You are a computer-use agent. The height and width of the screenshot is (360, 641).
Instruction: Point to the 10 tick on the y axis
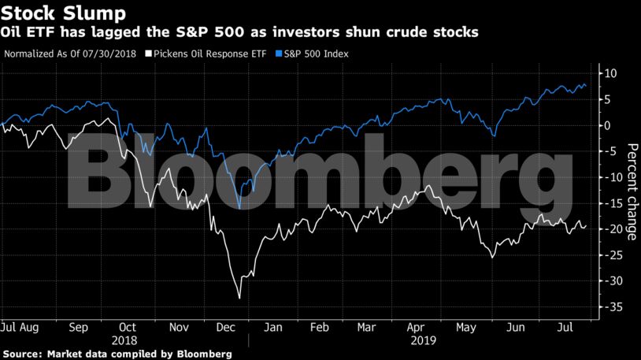click(610, 73)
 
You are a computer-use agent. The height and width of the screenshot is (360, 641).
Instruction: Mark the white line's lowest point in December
click(239, 298)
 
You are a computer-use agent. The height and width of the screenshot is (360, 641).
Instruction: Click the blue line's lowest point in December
click(239, 209)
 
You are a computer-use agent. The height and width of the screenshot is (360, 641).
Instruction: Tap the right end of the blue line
click(586, 86)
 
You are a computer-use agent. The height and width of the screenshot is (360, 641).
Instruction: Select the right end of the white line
click(586, 225)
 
